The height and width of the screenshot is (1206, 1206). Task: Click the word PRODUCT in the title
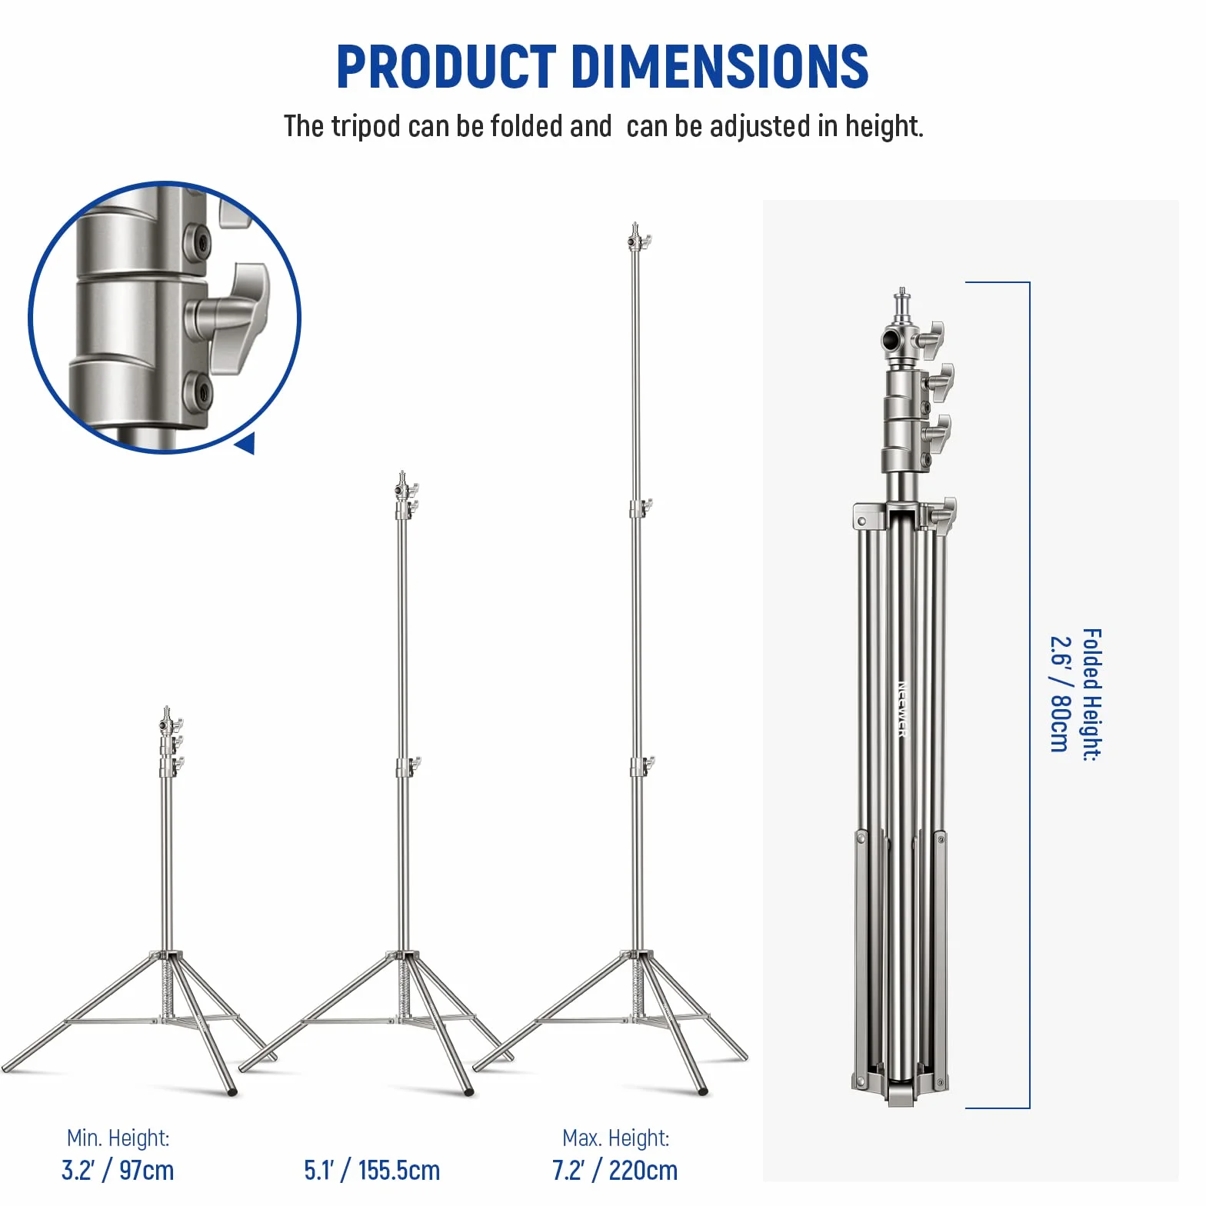(446, 66)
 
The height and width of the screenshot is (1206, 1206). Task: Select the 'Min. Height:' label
(118, 1138)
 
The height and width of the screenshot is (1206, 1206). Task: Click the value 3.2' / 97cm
(118, 1171)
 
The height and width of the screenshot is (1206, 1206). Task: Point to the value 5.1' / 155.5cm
(372, 1171)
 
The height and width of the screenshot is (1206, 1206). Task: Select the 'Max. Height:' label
(616, 1138)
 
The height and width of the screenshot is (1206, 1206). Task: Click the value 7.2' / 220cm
(615, 1171)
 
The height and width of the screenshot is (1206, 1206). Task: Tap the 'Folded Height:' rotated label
(1092, 695)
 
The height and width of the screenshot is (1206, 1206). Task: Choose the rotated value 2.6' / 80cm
(1061, 694)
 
